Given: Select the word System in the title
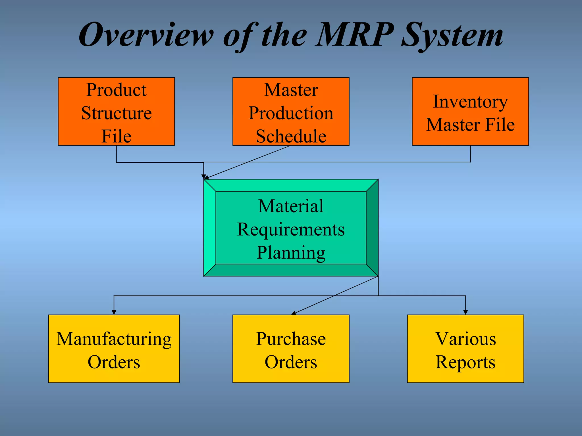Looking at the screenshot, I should click(452, 35).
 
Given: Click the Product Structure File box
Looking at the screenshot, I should click(116, 111).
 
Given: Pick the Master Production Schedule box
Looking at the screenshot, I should click(291, 111).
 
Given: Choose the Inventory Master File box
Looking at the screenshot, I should click(470, 111).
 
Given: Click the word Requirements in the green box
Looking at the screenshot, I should click(291, 229).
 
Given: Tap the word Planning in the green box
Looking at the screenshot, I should click(291, 252).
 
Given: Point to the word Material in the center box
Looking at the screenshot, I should click(291, 206).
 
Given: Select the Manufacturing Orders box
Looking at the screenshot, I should click(114, 349).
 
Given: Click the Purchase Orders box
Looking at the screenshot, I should click(291, 349).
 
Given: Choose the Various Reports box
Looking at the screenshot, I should click(465, 349).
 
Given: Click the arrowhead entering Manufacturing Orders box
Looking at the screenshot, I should click(114, 312).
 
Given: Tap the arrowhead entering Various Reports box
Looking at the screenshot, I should click(465, 312).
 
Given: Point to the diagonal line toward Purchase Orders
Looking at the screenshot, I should click(335, 295).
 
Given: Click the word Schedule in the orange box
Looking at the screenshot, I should click(291, 136).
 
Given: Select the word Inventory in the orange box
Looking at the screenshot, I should click(470, 102).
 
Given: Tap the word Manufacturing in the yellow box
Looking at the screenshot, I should click(114, 339).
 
